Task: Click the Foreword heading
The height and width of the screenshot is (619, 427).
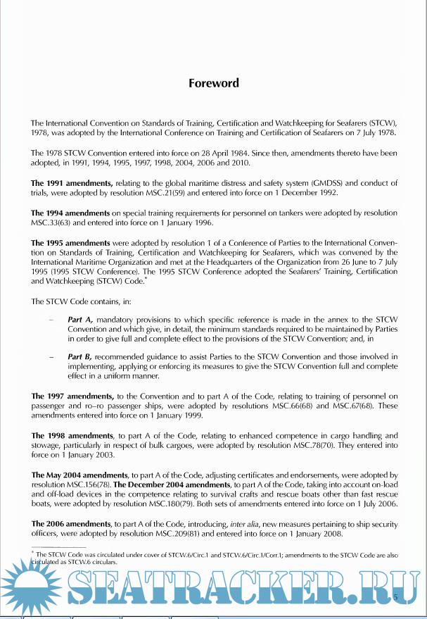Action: [213, 83]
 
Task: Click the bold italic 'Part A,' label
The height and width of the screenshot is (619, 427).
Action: [82, 320]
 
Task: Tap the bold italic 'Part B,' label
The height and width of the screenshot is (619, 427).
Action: [82, 356]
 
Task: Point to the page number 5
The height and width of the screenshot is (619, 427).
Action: [395, 597]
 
